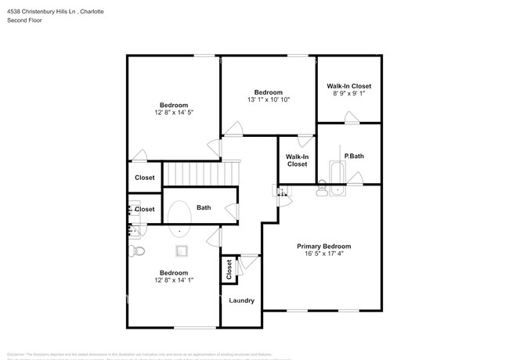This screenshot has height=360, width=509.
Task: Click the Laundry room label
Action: (x=241, y=301)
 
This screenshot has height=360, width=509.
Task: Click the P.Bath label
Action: (x=354, y=156)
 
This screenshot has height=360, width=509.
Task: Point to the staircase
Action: (x=200, y=172)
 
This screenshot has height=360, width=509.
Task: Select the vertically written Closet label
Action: (x=229, y=270)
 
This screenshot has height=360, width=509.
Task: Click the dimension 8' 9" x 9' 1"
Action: (x=348, y=94)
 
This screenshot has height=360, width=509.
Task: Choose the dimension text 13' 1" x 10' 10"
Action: (x=269, y=100)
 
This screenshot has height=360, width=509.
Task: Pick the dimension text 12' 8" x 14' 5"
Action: (x=174, y=113)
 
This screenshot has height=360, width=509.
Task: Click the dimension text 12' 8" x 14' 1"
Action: (x=174, y=281)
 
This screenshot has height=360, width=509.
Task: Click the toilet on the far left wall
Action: (x=135, y=250)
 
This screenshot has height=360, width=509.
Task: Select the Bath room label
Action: (x=204, y=207)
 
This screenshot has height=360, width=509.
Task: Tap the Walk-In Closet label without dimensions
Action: (x=297, y=160)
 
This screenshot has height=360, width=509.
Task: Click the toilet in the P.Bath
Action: (x=322, y=189)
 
